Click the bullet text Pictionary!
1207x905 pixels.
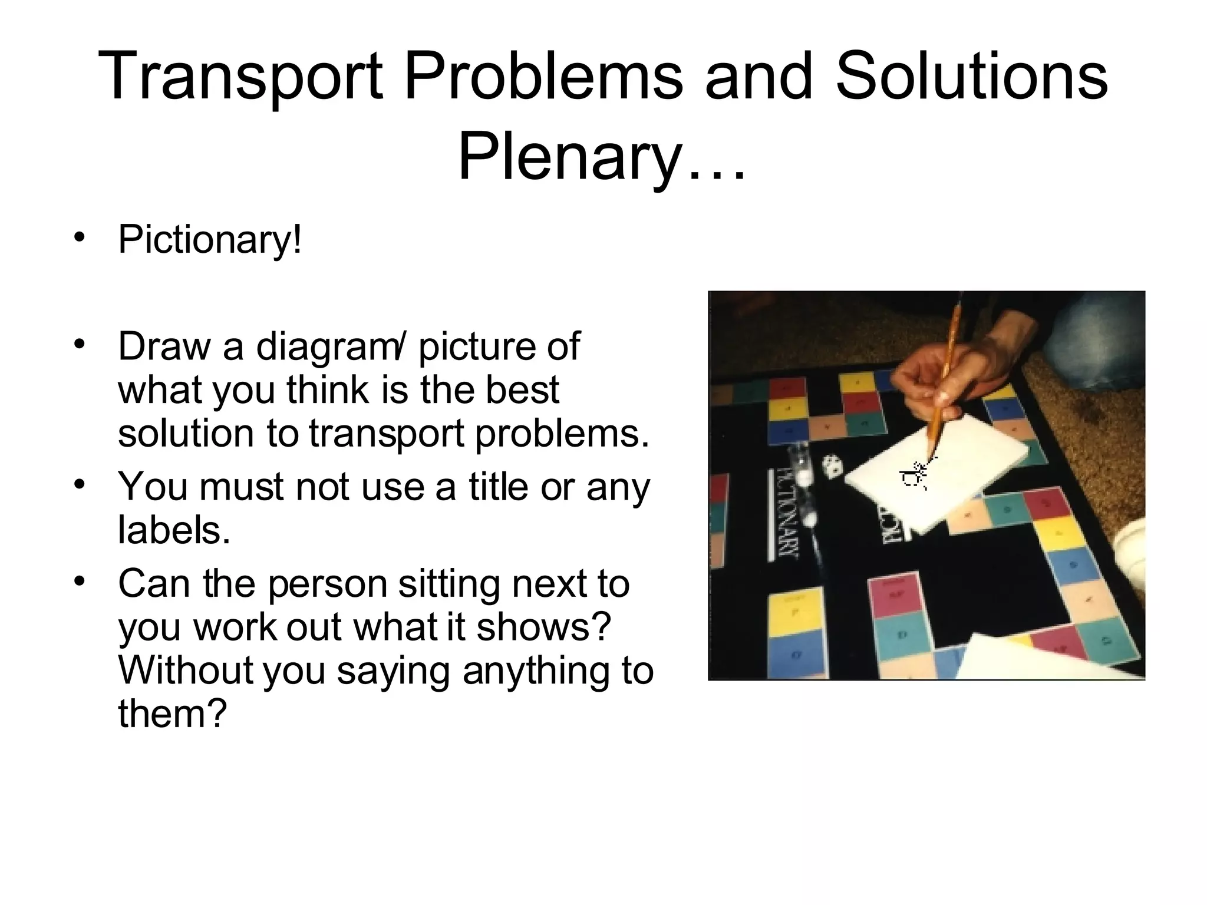210,240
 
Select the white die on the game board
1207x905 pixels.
833,465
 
